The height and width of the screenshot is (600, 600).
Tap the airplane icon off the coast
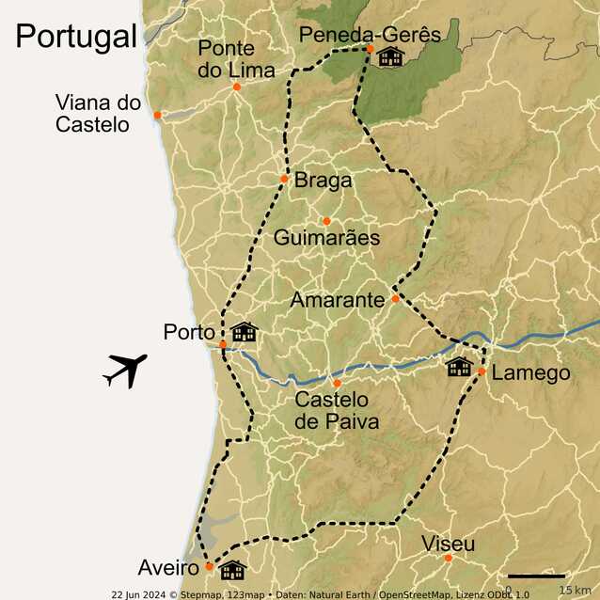[x=125, y=371]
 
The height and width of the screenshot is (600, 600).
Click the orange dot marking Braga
[x=284, y=179]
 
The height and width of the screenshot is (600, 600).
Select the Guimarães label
[x=326, y=238]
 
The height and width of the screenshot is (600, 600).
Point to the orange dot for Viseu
[x=449, y=558]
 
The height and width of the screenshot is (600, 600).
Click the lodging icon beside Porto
[x=245, y=332]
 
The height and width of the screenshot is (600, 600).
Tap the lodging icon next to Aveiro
[x=232, y=570]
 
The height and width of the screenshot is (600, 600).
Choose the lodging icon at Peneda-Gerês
[x=390, y=57]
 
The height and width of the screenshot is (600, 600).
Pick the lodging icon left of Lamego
[x=459, y=367]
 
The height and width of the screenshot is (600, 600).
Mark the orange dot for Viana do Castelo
[x=158, y=115]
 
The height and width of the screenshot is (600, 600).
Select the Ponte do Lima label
[x=236, y=59]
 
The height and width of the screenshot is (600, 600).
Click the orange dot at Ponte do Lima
[x=237, y=87]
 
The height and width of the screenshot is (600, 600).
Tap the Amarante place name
[x=337, y=301]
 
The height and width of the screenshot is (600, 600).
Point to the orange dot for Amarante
[x=395, y=298]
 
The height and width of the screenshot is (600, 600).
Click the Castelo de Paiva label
[x=337, y=411]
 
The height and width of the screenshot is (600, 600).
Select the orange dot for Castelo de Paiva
[x=337, y=384]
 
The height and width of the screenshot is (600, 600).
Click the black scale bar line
[x=536, y=576]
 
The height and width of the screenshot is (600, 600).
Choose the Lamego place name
[x=530, y=373]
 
